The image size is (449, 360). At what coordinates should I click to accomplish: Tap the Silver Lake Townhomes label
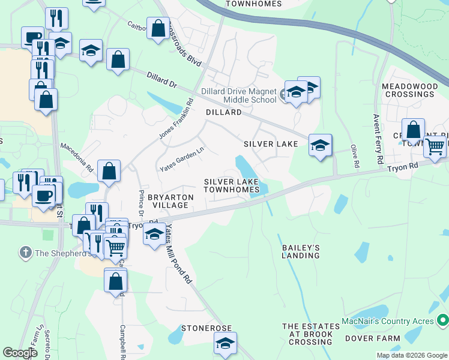[x=231, y=185]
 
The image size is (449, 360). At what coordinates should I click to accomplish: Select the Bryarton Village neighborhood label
[x=170, y=201]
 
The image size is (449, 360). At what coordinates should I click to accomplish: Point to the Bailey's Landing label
[x=301, y=251]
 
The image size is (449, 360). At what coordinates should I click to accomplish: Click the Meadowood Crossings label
[x=409, y=91]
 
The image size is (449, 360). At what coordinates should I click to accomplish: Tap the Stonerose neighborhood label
[x=206, y=329]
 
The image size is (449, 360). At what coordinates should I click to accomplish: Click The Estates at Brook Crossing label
[x=307, y=334]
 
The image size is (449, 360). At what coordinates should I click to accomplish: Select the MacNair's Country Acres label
[x=388, y=322]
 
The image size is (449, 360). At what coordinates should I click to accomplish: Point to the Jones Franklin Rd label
[x=178, y=119]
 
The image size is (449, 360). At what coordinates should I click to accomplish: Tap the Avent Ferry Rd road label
[x=378, y=139]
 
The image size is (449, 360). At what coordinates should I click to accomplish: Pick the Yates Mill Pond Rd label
[x=178, y=255]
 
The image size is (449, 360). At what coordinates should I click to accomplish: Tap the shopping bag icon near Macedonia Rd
[x=109, y=171]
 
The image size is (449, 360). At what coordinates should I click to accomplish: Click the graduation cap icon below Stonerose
[x=225, y=344]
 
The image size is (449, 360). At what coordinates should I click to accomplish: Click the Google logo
[x=20, y=353]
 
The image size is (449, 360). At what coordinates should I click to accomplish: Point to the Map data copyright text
[x=411, y=355]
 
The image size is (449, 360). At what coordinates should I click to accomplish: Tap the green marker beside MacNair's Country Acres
[x=442, y=320]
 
